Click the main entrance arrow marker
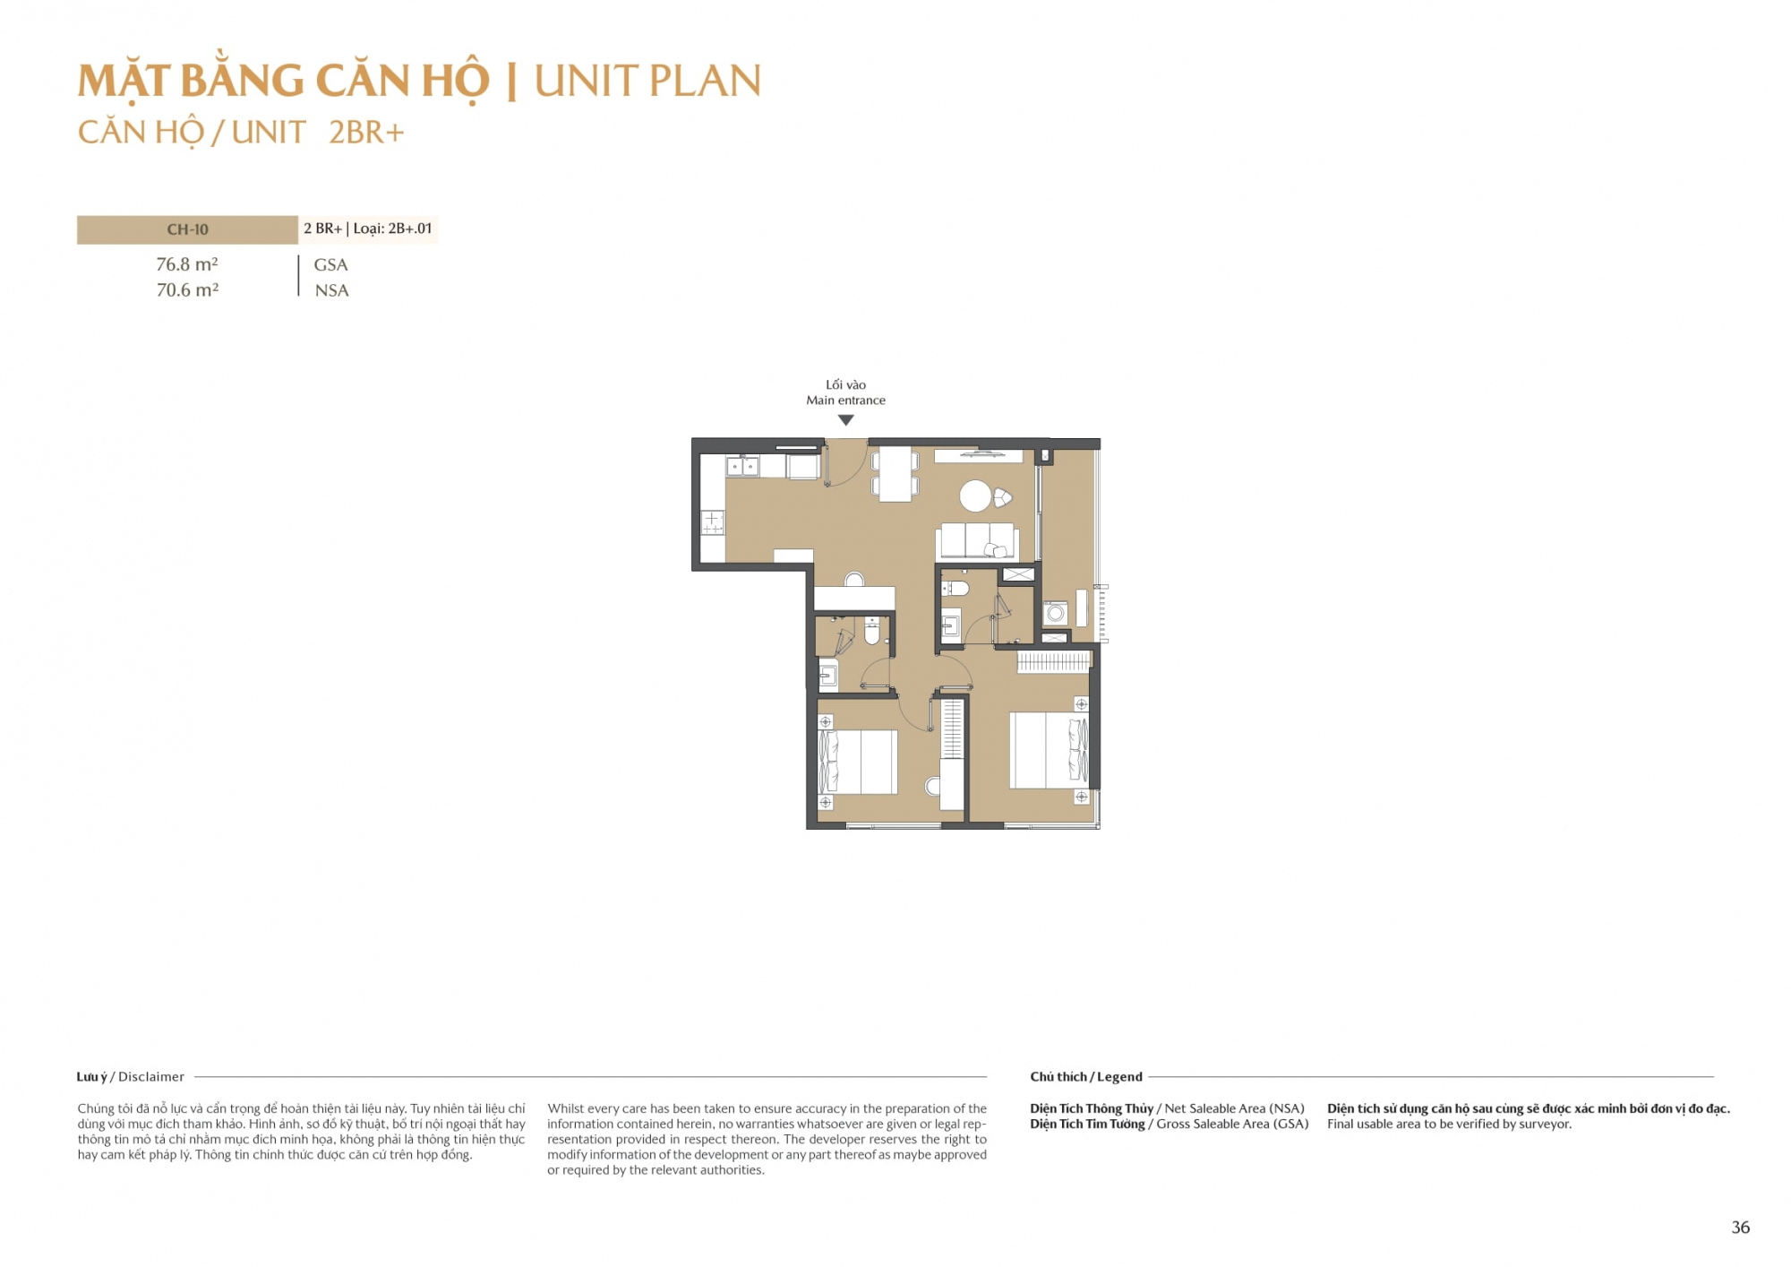pyautogui.click(x=845, y=420)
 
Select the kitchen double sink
pyautogui.click(x=742, y=466)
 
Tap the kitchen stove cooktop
pyautogui.click(x=713, y=522)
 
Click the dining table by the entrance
pyautogui.click(x=895, y=474)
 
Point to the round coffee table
pyautogui.click(x=975, y=496)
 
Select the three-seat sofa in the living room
pyautogui.click(x=977, y=542)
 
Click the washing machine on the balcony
pyautogui.click(x=1056, y=613)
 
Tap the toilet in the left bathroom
pyautogui.click(x=872, y=630)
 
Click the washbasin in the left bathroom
pyautogui.click(x=828, y=675)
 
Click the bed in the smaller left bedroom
pyautogui.click(x=858, y=762)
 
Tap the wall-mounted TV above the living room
pyautogui.click(x=979, y=455)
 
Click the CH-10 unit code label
pyautogui.click(x=187, y=229)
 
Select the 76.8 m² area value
pyautogui.click(x=187, y=264)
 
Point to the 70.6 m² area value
pyautogui.click(x=187, y=289)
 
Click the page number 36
pyautogui.click(x=1740, y=1228)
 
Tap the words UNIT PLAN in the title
pyautogui.click(x=647, y=82)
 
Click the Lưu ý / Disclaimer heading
pyautogui.click(x=131, y=1077)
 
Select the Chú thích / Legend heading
pyautogui.click(x=1086, y=1077)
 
